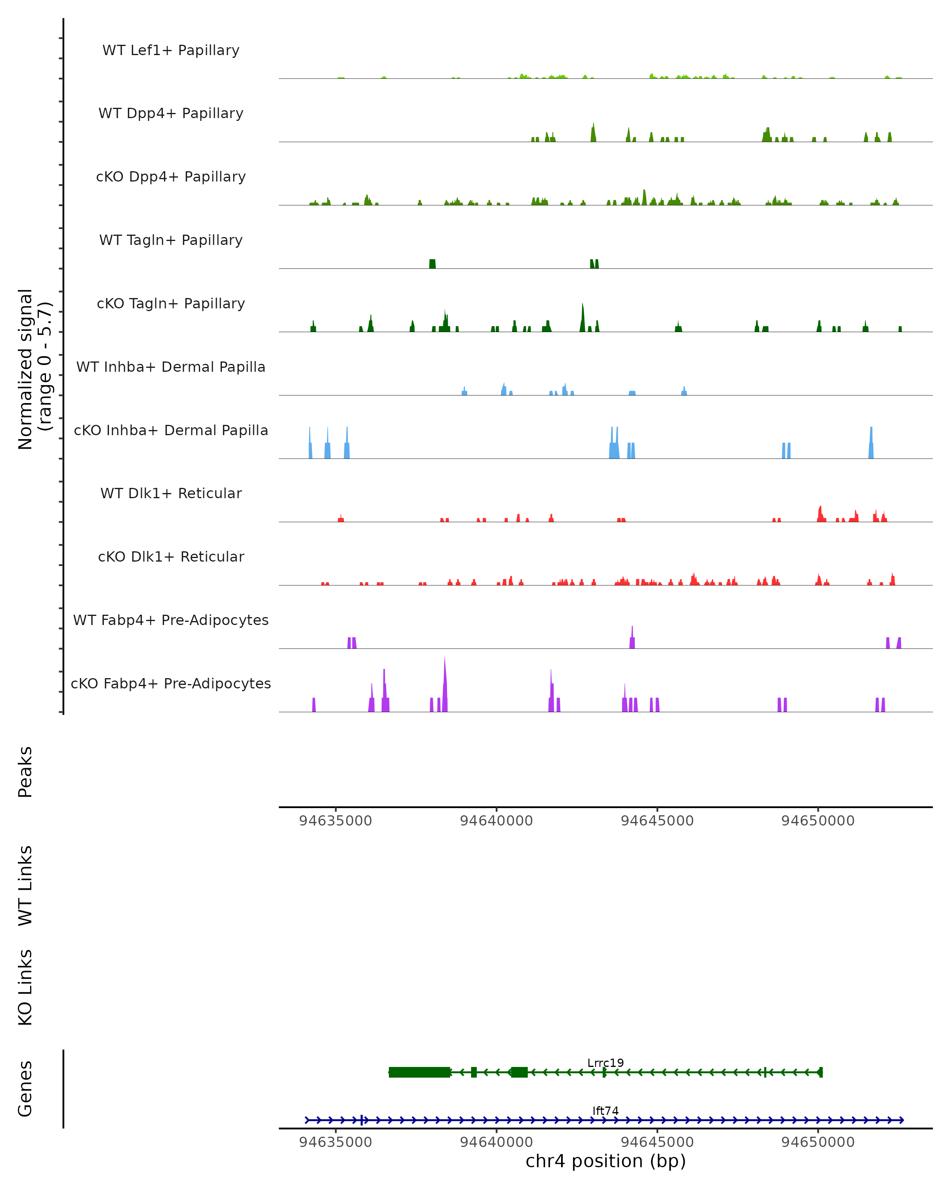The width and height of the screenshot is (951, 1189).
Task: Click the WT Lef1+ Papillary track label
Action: [x=171, y=50]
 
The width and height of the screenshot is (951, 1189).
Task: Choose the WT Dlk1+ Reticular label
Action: [x=171, y=493]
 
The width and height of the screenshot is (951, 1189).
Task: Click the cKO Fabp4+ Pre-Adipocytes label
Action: [x=171, y=683]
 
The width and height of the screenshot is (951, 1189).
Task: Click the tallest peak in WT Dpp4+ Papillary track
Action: [x=593, y=132]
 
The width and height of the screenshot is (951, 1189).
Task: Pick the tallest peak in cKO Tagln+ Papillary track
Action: [x=583, y=317]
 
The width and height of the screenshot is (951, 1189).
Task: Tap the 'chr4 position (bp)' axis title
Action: [x=605, y=1161]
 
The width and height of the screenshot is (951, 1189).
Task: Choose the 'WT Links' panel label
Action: [x=25, y=885]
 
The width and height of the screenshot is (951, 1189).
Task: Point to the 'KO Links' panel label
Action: [x=25, y=987]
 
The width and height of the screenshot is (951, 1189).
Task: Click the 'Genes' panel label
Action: [x=25, y=1088]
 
